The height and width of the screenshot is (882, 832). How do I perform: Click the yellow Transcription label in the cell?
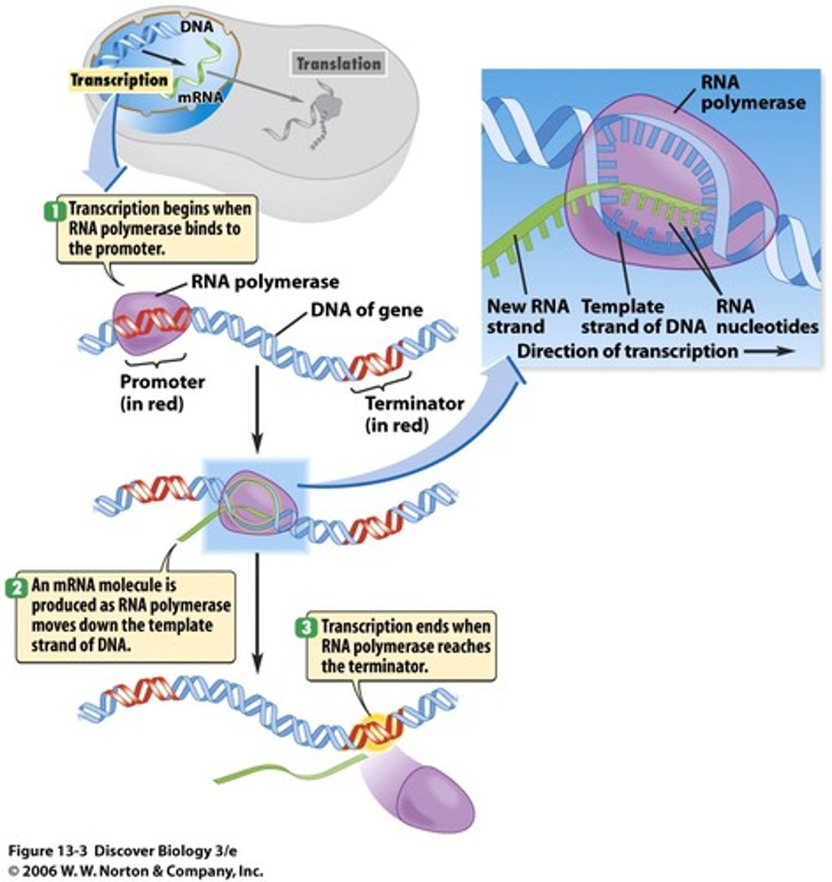click(119, 80)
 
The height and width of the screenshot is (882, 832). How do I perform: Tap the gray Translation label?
click(338, 64)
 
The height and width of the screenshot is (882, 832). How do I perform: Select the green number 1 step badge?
click(52, 209)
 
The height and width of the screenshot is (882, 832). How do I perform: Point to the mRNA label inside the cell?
click(201, 96)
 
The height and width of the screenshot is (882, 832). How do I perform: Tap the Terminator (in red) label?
click(415, 413)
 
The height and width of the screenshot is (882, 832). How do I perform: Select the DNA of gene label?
click(367, 309)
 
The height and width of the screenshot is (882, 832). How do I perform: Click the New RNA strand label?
click(528, 316)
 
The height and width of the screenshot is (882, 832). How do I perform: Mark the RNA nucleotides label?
click(767, 316)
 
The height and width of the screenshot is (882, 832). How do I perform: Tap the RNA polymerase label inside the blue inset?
click(752, 93)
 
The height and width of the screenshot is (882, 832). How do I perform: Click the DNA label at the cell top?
click(196, 27)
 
